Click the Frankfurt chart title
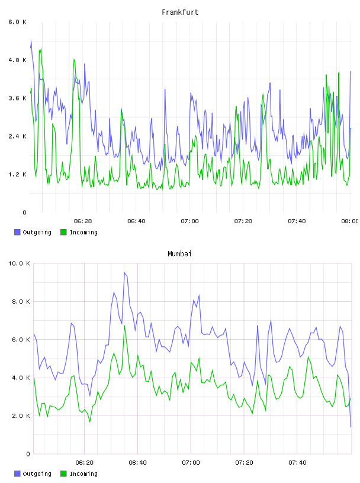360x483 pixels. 180,12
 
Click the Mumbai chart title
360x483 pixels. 179,254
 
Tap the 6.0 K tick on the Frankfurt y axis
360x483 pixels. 18,22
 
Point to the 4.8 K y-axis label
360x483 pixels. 18,60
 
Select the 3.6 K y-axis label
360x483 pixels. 18,98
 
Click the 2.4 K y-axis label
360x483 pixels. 18,137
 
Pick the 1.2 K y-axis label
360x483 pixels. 18,175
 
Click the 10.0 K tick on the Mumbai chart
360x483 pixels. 19,263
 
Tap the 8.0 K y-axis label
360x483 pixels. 21,301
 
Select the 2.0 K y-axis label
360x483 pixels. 21,416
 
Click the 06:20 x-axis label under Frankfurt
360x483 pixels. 83,221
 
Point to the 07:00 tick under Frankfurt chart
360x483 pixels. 190,221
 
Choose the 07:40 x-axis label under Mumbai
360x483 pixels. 297,463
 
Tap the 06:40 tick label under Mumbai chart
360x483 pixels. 138,463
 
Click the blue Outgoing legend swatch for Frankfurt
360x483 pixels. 17,232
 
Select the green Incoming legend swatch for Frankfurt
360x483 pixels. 63,232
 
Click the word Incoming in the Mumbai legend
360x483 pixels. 83,474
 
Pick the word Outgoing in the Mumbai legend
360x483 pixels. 37,474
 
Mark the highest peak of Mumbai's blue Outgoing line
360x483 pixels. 124,272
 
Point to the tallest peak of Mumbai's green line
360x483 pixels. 124,326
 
